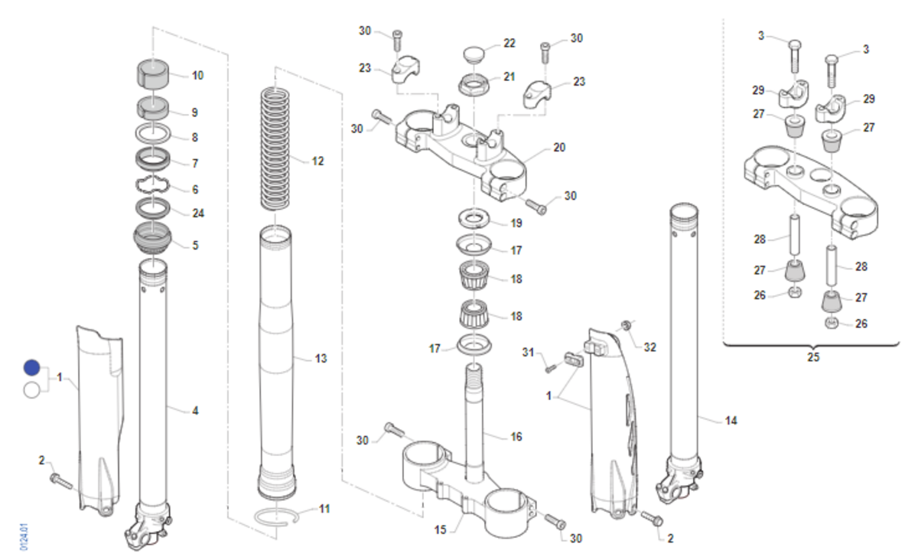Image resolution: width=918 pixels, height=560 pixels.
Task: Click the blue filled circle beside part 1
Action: pyautogui.click(x=31, y=367)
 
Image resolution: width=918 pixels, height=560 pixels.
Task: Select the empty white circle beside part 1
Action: pyautogui.click(x=31, y=390)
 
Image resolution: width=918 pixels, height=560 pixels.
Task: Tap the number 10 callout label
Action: pyautogui.click(x=197, y=76)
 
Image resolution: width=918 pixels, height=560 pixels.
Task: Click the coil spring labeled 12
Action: pyautogui.click(x=273, y=149)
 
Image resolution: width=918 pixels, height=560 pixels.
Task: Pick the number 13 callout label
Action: pyautogui.click(x=321, y=359)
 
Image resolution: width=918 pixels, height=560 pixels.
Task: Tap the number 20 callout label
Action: pyautogui.click(x=559, y=148)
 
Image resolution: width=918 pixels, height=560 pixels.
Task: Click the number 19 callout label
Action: pyautogui.click(x=516, y=223)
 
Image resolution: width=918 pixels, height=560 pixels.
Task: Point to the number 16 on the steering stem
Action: pyautogui.click(x=516, y=437)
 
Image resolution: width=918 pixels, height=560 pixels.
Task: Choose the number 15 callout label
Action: pyautogui.click(x=441, y=529)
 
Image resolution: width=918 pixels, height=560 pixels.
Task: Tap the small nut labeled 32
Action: pyautogui.click(x=625, y=327)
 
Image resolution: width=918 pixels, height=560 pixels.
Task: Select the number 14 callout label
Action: pyautogui.click(x=731, y=420)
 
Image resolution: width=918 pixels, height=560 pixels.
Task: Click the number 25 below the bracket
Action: pyautogui.click(x=812, y=357)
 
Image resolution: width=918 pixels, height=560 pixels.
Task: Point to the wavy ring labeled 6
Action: pyautogui.click(x=155, y=186)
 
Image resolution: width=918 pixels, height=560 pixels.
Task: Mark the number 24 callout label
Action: pyautogui.click(x=198, y=213)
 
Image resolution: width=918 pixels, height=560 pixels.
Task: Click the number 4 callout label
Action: pyautogui.click(x=195, y=411)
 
